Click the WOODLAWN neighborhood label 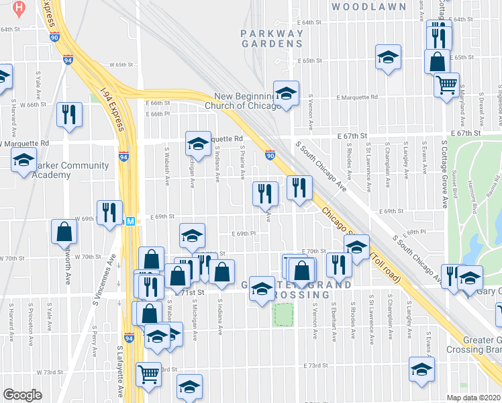click(x=369, y=7)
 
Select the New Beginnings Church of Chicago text click(x=247, y=101)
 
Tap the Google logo click(x=22, y=395)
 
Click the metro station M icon click(x=132, y=220)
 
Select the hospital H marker click(x=19, y=9)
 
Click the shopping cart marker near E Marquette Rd click(x=446, y=85)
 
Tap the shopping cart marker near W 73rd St click(x=148, y=373)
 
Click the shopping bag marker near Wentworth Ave click(x=64, y=232)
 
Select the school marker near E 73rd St click(x=421, y=369)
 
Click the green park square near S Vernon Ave click(x=284, y=314)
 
